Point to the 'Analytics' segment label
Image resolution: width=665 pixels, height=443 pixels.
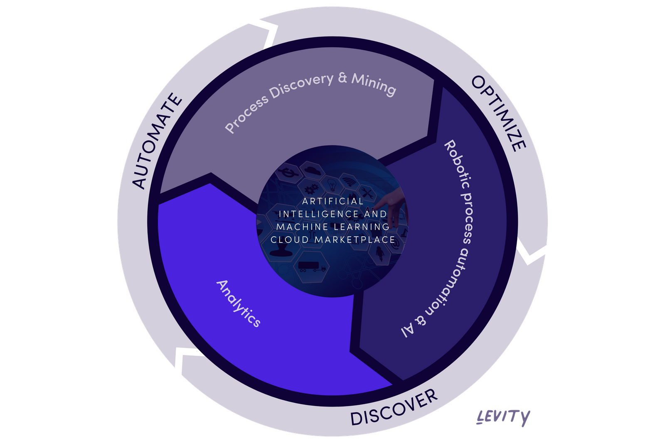(239, 303)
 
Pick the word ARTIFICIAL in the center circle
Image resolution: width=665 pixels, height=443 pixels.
(332, 201)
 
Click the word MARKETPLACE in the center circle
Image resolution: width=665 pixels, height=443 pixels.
(355, 240)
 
